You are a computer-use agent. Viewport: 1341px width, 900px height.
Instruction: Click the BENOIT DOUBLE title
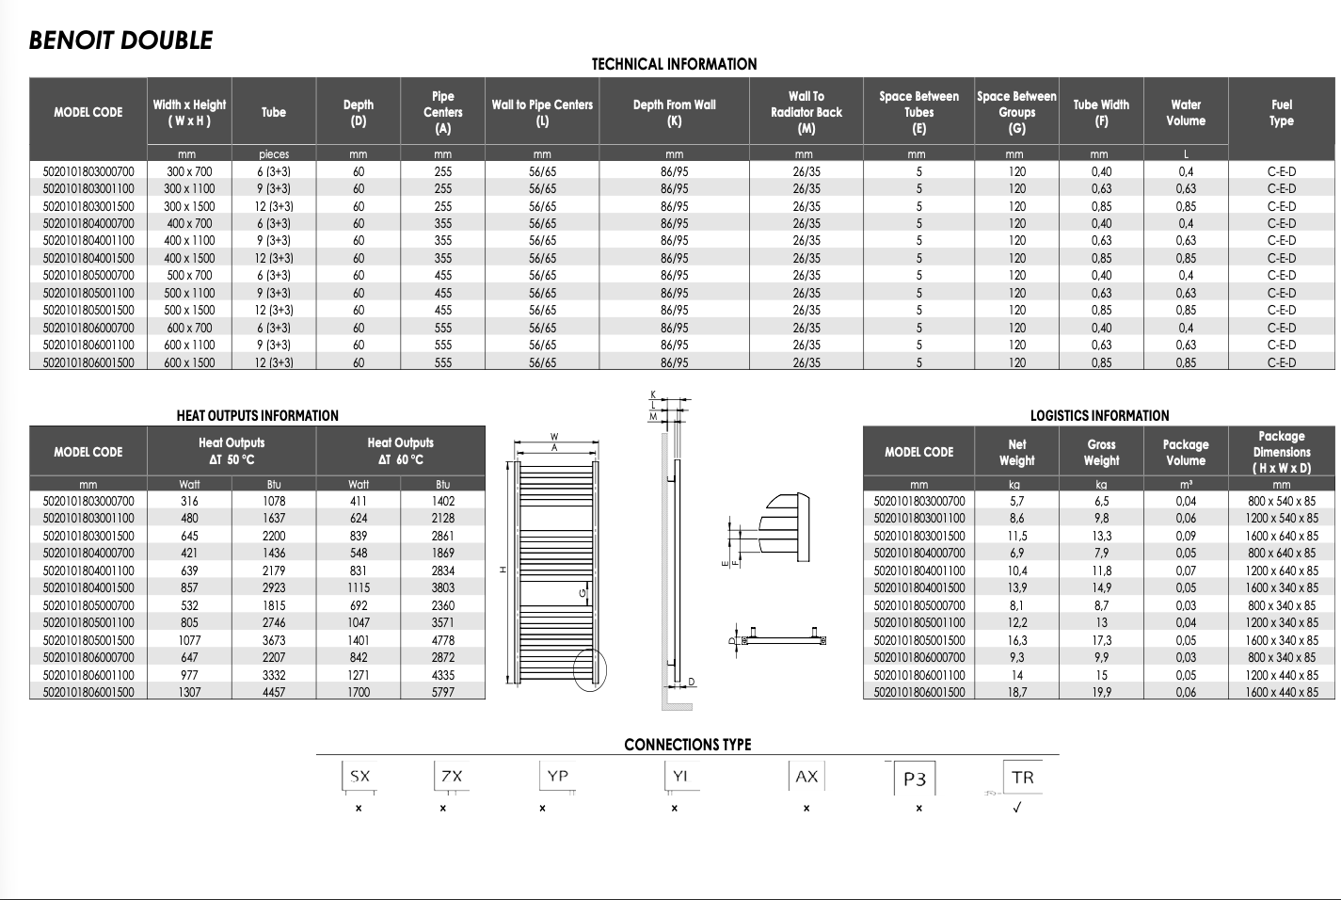click(120, 40)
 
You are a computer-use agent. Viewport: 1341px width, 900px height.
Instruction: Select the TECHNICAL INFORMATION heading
click(674, 64)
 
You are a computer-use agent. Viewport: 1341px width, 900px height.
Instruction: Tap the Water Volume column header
click(1185, 112)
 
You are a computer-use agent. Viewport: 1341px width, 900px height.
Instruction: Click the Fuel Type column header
click(1281, 112)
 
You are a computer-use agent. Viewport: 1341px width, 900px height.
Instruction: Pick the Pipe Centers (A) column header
click(442, 112)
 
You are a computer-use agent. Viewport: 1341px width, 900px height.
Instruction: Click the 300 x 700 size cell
click(189, 171)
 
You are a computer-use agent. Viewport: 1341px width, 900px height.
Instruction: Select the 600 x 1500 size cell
click(189, 362)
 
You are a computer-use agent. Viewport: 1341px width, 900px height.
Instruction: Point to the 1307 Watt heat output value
click(189, 692)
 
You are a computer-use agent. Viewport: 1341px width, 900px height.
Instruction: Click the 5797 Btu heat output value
click(442, 692)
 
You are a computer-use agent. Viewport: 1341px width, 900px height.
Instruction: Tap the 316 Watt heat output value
click(189, 501)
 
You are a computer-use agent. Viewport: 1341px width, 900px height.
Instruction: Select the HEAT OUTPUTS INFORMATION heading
click(257, 415)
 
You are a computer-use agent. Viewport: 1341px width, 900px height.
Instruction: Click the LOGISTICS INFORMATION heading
click(1099, 415)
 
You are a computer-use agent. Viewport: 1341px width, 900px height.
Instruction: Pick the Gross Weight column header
click(1101, 452)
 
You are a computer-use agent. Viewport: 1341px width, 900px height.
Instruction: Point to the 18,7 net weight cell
click(1016, 692)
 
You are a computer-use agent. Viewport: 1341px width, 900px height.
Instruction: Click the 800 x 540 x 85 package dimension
click(1282, 501)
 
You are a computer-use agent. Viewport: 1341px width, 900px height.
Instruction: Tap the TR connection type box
click(1022, 778)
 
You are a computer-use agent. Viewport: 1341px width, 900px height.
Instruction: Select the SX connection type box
click(359, 777)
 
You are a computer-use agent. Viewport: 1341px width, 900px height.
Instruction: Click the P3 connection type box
click(915, 779)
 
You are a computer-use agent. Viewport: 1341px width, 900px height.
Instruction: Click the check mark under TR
click(1016, 808)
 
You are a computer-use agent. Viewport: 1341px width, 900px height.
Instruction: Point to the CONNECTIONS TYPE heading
click(687, 745)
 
